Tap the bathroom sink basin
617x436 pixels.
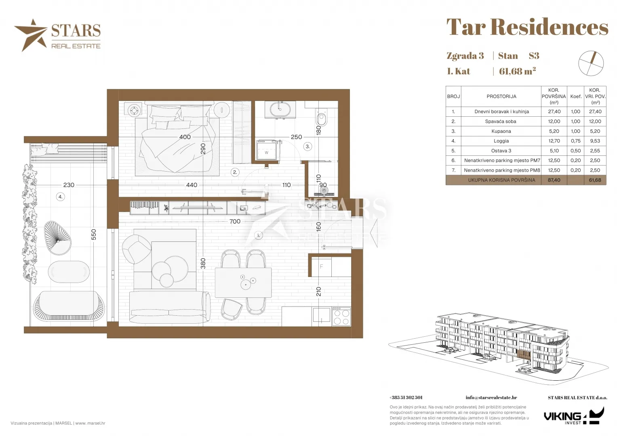click(280, 109)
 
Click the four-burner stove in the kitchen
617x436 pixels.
click(341, 317)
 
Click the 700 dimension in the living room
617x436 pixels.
click(235, 221)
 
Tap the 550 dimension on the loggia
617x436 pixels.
click(94, 235)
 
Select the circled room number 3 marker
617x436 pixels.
click(307, 147)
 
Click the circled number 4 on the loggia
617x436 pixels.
click(60, 197)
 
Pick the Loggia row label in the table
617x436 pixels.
click(501, 141)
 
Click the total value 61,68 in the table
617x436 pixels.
click(595, 180)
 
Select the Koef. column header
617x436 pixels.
click(576, 96)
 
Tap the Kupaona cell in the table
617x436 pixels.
click(501, 131)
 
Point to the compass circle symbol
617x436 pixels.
click(591, 63)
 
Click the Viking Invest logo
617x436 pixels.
click(574, 416)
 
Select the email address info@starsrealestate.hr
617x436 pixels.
click(491, 398)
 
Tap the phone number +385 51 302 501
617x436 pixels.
click(406, 398)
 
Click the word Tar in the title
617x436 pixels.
click(466, 27)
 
